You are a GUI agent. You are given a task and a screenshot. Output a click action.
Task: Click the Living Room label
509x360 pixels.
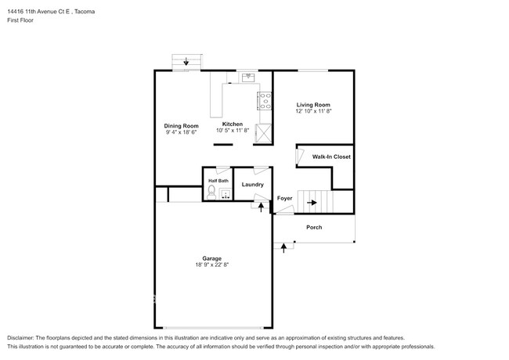312,105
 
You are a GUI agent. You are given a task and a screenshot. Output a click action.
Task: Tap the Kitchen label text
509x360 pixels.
232,124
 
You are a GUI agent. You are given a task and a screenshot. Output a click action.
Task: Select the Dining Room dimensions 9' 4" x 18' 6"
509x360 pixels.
180,133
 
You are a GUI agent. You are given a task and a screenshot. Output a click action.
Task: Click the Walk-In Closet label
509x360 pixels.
330,157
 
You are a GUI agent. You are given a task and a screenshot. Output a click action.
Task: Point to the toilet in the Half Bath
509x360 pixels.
212,190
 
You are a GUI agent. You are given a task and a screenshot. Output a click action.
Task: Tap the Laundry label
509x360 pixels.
252,185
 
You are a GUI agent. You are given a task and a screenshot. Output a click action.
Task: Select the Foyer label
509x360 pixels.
285,199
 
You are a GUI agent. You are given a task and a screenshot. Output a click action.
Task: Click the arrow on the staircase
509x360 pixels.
312,203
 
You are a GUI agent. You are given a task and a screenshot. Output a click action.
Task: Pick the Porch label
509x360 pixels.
313,228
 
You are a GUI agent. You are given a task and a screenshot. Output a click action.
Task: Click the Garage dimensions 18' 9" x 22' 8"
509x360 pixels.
211,265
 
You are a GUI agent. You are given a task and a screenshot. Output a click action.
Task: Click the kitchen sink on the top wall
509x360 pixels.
249,77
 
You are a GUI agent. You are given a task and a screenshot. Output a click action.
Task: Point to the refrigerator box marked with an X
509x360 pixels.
265,131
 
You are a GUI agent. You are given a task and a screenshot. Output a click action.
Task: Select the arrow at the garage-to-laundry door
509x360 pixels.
261,206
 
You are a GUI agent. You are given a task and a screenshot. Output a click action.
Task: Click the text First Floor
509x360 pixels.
23,20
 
